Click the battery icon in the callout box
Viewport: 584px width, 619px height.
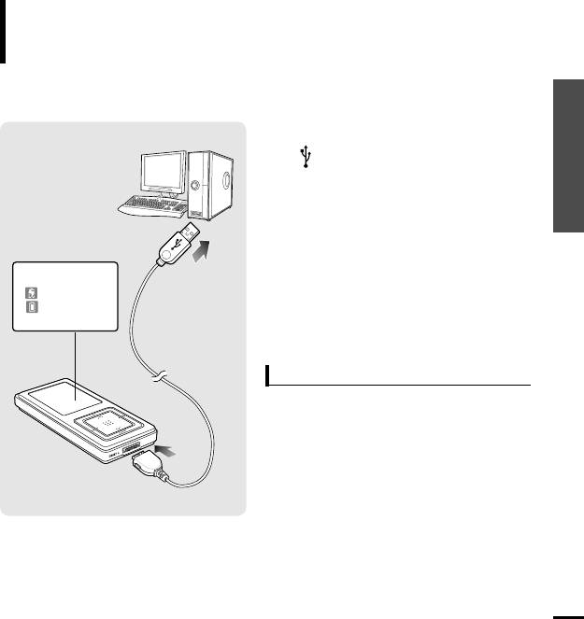tap(31, 305)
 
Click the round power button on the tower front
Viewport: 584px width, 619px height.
tap(195, 184)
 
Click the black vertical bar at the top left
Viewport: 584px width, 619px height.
tap(4, 32)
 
